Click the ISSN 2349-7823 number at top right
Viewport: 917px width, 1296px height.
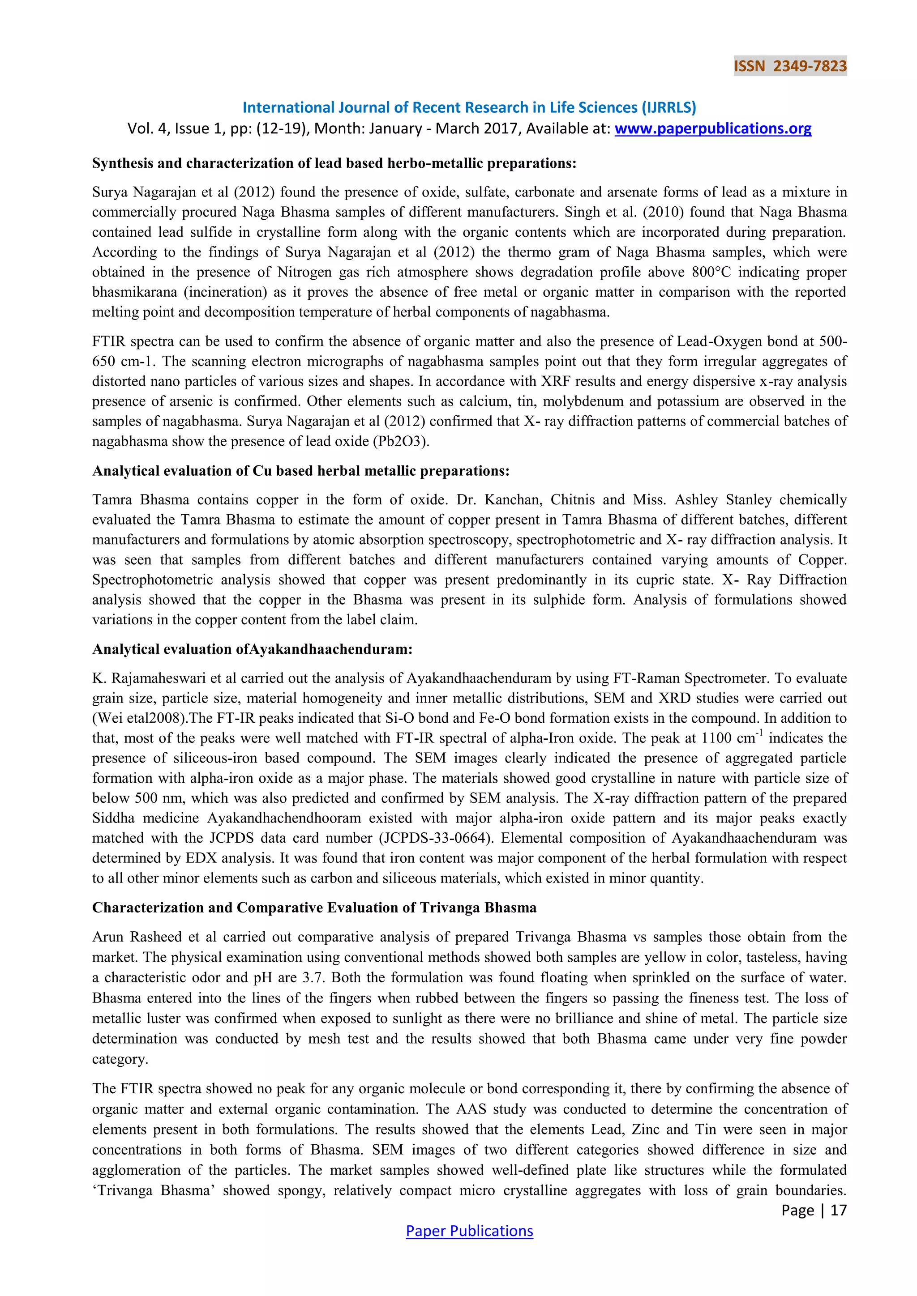coord(789,66)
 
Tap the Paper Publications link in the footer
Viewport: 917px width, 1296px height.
coord(469,1231)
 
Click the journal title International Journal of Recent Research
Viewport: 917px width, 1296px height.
coord(469,107)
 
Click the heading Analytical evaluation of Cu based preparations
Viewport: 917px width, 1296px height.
coord(300,471)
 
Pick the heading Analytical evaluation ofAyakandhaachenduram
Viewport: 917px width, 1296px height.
coord(252,649)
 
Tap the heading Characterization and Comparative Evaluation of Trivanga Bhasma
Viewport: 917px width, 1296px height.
coord(314,908)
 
